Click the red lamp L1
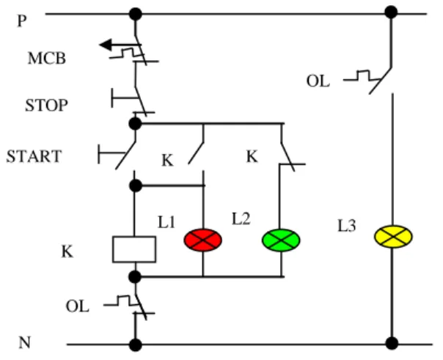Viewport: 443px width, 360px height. point(203,240)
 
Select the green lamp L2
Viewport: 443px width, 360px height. point(281,240)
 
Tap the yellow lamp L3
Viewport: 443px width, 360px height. point(393,236)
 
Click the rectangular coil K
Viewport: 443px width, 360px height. point(134,249)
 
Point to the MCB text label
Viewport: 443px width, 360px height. point(47,59)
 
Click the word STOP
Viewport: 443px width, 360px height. point(47,106)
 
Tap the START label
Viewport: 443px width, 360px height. point(34,156)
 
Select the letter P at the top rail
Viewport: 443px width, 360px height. point(22,21)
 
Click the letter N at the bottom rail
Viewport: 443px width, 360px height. point(25,342)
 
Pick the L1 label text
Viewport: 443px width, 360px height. point(166,222)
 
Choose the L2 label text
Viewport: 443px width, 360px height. point(241,218)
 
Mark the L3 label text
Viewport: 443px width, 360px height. point(347,226)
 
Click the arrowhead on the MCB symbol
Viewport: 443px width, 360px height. point(106,45)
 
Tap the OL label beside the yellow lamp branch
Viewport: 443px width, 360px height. point(318,81)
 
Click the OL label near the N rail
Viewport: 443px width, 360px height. point(78,306)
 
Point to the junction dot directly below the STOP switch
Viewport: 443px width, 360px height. point(135,123)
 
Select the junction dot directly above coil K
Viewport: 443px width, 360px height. point(136,185)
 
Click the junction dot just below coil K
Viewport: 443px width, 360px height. point(135,277)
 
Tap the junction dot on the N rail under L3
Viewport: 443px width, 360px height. point(392,344)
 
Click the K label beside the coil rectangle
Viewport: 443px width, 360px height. point(67,251)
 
